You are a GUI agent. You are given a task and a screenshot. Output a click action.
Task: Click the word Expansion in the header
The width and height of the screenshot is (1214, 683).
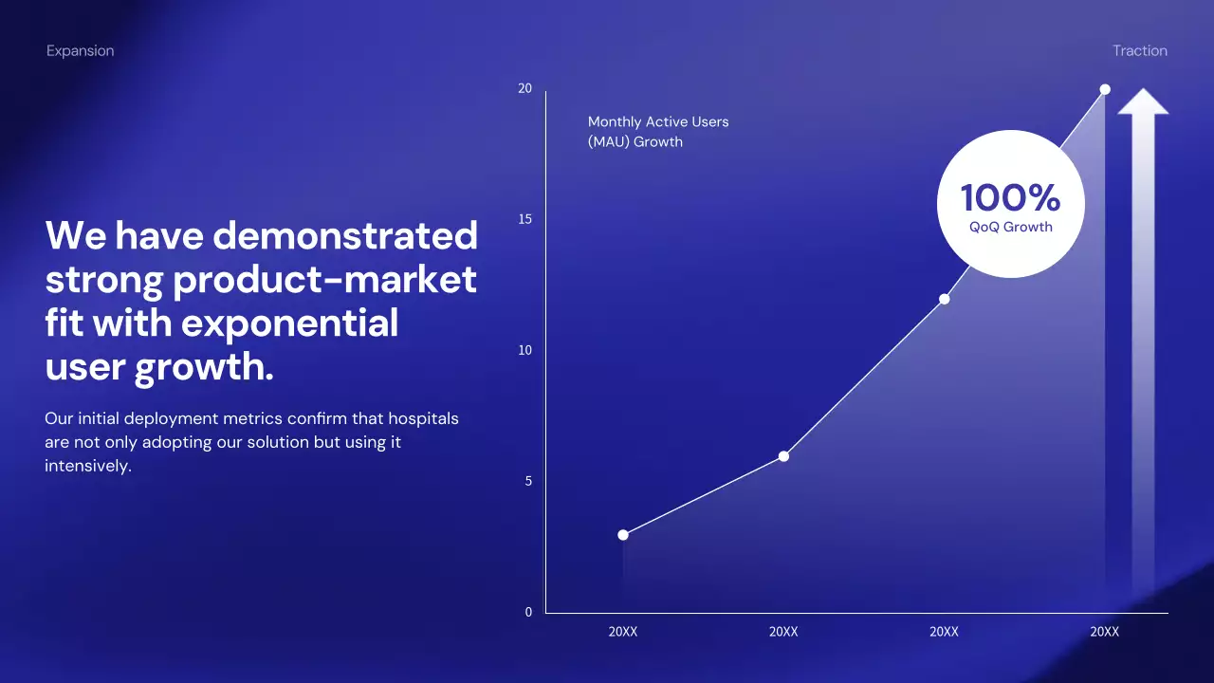(x=81, y=51)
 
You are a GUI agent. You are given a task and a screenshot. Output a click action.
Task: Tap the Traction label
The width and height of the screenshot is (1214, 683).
(x=1140, y=50)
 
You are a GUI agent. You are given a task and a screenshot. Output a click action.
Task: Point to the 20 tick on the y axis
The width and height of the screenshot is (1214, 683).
(x=524, y=88)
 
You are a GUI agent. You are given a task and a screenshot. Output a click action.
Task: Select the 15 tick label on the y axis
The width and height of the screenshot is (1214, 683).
(x=524, y=219)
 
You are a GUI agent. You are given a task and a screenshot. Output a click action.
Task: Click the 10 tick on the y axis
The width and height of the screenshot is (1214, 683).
(x=524, y=350)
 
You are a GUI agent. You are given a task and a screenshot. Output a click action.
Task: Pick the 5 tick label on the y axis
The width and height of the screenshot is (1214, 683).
(x=528, y=481)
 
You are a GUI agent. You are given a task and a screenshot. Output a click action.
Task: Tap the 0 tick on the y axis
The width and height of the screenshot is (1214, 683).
(x=528, y=612)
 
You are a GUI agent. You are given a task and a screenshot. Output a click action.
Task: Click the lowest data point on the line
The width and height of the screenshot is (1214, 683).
(x=623, y=535)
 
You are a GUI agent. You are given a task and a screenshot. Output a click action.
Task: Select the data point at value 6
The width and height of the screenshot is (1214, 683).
(x=783, y=456)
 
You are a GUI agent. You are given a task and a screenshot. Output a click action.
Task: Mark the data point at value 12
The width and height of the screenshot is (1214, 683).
(x=944, y=299)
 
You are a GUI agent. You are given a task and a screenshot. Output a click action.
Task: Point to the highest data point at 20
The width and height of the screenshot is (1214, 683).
(x=1105, y=89)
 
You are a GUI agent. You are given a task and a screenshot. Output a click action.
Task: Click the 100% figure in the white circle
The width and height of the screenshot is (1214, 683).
(x=1011, y=197)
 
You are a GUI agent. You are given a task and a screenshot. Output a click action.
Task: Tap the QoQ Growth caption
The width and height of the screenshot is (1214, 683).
(x=1011, y=227)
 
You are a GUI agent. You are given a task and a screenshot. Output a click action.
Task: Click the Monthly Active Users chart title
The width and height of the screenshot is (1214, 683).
(x=658, y=132)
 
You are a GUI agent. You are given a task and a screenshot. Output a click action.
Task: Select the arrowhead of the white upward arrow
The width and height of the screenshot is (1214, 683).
(x=1143, y=102)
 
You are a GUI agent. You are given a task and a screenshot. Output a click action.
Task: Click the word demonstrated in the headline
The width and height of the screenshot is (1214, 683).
(x=345, y=236)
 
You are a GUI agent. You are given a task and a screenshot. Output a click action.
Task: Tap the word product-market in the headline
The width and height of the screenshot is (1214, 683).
(x=324, y=281)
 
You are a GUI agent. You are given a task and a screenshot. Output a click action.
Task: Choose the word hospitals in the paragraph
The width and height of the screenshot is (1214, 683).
(x=423, y=418)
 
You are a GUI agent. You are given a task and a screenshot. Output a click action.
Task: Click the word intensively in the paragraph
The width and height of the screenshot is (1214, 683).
(x=88, y=466)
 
